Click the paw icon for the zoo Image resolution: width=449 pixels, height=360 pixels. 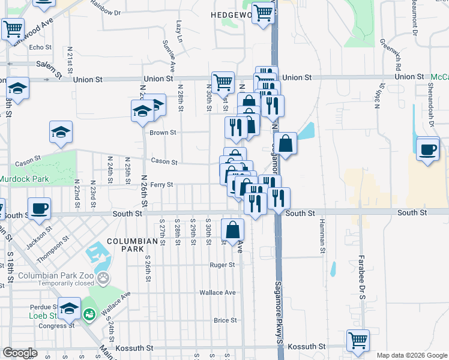(104, 278)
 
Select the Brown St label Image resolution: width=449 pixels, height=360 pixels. (163, 133)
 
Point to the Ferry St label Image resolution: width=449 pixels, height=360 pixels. (161, 185)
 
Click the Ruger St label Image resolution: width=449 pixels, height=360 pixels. (221, 265)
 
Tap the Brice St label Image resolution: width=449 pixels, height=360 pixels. (225, 320)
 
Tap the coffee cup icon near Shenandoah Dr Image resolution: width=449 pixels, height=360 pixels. (427, 149)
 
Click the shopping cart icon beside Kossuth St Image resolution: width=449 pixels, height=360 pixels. (358, 340)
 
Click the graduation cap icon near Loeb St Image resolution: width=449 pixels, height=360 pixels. (69, 307)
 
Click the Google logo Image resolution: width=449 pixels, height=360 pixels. (20, 353)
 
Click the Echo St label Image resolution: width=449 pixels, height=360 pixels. (41, 47)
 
